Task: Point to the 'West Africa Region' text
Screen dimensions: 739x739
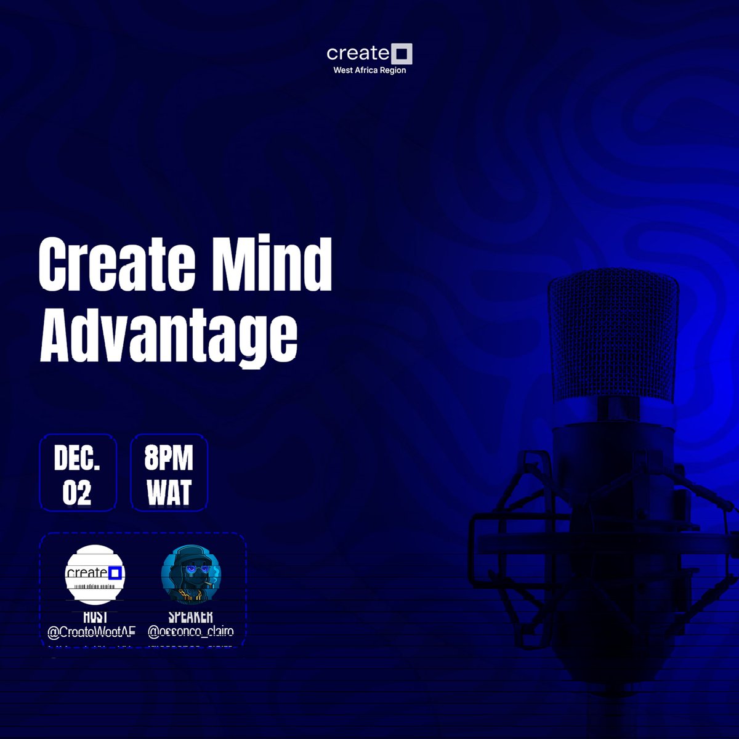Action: [369, 70]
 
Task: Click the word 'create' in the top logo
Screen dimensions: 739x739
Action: [358, 54]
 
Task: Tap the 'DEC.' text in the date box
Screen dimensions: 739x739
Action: [77, 458]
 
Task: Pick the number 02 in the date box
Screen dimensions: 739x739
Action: [77, 493]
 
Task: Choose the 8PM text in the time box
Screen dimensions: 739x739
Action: [169, 458]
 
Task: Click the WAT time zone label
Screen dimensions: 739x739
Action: [169, 493]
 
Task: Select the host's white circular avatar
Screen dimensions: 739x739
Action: [95, 574]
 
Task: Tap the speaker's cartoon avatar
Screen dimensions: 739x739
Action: [191, 574]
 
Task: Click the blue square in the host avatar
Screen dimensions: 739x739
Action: [115, 573]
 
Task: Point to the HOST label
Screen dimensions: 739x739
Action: [95, 616]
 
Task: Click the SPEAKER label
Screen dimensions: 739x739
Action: [191, 616]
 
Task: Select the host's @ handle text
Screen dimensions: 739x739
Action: [91, 632]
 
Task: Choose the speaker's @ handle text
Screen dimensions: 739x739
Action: [191, 632]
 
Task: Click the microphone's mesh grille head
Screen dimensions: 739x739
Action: [613, 336]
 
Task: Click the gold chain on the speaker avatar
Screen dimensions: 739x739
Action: [191, 596]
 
